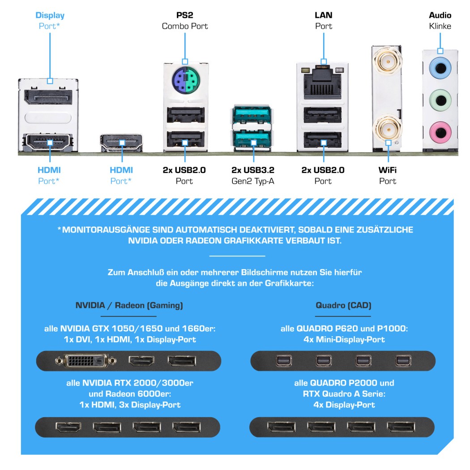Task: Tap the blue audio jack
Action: [x=440, y=68]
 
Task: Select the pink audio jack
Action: [x=440, y=132]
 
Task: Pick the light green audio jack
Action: [x=440, y=100]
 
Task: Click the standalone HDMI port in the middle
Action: [x=121, y=143]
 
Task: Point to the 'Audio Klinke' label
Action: [x=440, y=21]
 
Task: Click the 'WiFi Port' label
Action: [x=388, y=175]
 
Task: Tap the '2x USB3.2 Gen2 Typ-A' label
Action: [x=253, y=175]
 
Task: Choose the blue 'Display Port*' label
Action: [x=50, y=21]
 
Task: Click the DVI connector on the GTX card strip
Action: [x=86, y=361]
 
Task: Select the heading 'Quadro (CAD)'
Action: [x=343, y=305]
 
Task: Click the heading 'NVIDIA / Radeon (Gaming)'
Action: [x=129, y=305]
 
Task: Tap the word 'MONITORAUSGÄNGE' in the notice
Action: [x=106, y=230]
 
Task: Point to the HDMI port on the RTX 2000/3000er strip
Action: [x=68, y=427]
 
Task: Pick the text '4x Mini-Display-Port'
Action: [x=344, y=340]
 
